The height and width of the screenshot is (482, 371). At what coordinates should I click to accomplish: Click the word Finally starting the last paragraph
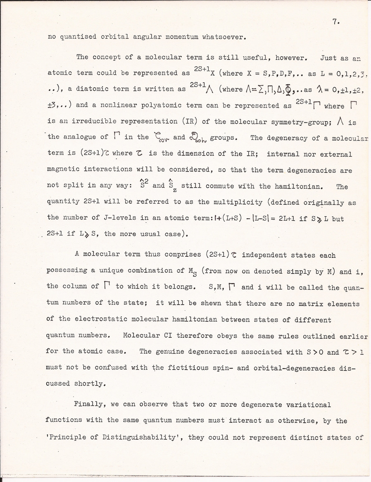click(x=90, y=405)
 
